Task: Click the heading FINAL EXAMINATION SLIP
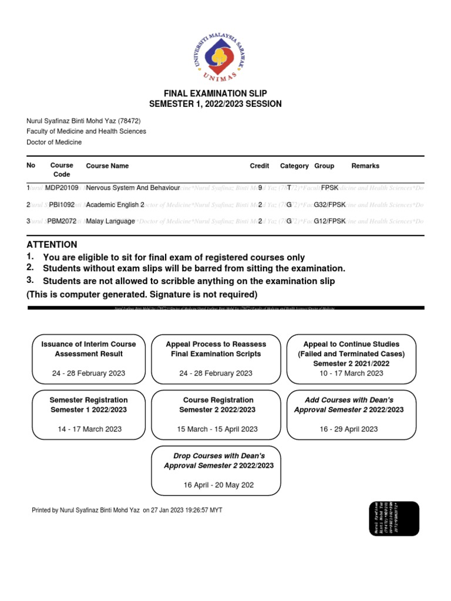pos(216,93)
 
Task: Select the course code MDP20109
pos(62,188)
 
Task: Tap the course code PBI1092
pos(62,205)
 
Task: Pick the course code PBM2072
pos(62,221)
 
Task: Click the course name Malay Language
pos(110,221)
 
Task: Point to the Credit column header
pos(260,166)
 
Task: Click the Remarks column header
pos(365,166)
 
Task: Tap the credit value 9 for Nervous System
pos(260,188)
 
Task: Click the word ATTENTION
pos(52,244)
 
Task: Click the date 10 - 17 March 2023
pos(351,373)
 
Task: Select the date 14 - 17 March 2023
pos(89,429)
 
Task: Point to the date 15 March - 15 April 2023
pos(217,429)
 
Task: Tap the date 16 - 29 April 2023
pos(349,429)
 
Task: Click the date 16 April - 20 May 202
pos(218,485)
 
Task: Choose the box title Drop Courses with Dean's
pos(218,456)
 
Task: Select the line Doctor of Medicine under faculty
pos(54,142)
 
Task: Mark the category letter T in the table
pos(289,188)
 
